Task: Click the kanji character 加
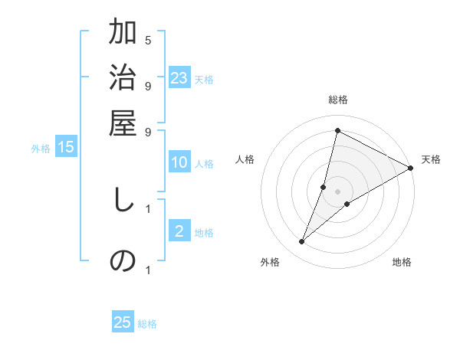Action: coord(123,33)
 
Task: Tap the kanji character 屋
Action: coord(123,123)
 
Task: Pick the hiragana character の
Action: coord(123,261)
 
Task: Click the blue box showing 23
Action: coord(179,78)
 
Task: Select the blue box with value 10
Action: coord(179,162)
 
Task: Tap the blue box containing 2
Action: coord(179,231)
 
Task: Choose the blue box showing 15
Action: coord(66,147)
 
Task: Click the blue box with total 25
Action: coord(123,322)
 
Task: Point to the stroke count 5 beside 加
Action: coord(148,40)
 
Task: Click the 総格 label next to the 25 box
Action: coord(147,324)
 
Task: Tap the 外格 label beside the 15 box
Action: coord(41,149)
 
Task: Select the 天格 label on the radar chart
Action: coord(431,159)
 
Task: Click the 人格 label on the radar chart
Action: coord(245,159)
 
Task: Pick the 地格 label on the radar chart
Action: coord(402,262)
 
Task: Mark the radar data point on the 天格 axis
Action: coord(410,169)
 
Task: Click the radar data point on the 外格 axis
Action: coord(302,242)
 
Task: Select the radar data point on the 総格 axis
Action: coord(337,130)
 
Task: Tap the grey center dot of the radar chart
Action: coord(337,191)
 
